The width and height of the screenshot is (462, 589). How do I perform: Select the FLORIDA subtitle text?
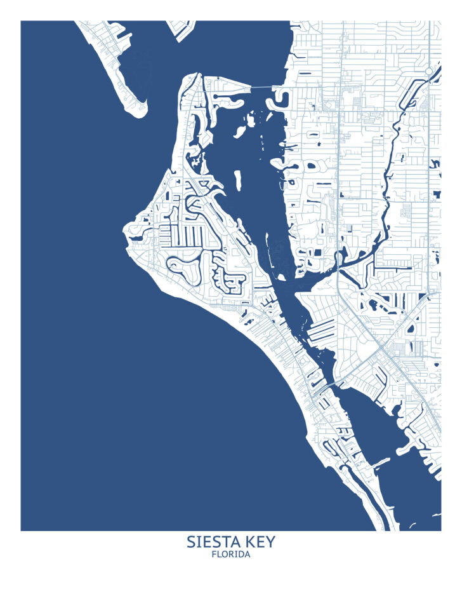tap(231, 555)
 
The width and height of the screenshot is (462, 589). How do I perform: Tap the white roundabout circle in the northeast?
tap(429, 71)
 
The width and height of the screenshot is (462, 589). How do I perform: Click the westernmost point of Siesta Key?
tap(124, 229)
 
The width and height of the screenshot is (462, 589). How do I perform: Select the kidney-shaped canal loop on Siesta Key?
tap(183, 270)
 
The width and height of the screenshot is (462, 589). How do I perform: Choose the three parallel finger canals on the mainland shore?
tap(324, 329)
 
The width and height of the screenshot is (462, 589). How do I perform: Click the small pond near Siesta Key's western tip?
tap(136, 236)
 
